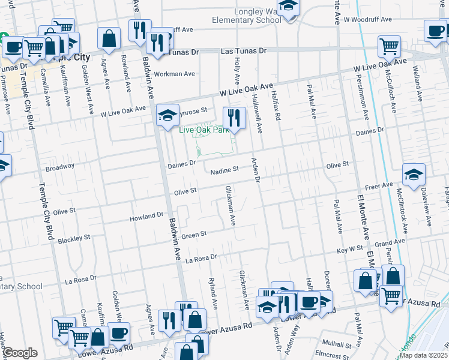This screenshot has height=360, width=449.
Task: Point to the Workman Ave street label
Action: [x=175, y=74]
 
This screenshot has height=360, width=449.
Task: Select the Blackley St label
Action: [x=74, y=239]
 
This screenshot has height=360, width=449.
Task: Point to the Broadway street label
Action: [x=59, y=166]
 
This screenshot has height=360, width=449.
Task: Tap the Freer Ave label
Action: [x=379, y=186]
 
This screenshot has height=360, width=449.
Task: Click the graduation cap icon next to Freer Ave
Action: [x=414, y=174]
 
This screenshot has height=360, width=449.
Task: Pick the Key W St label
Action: [x=350, y=249]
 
